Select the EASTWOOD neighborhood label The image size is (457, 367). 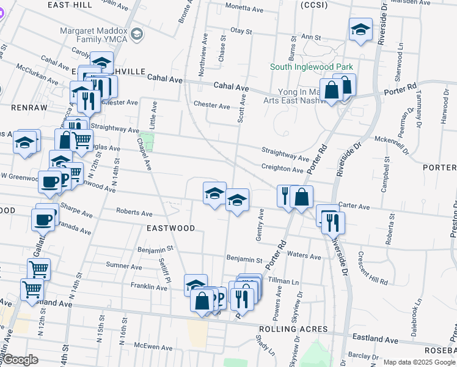coord(171,228)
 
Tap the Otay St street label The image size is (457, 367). coord(241,31)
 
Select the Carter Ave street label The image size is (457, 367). coord(355,207)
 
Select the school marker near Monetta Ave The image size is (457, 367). coord(360,28)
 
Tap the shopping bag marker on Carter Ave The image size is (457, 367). coord(302,197)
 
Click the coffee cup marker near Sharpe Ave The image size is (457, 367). coord(43,220)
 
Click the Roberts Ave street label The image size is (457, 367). coord(134,213)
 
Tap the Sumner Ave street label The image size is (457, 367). coord(120,265)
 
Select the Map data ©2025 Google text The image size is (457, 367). coord(419,362)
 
